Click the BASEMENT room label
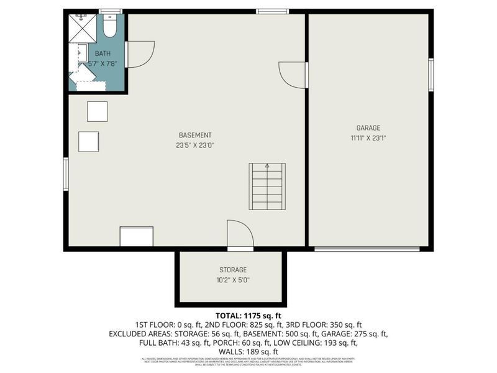pyautogui.click(x=195, y=135)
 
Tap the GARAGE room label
pyautogui.click(x=368, y=128)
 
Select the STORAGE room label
pyautogui.click(x=232, y=270)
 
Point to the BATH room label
pyautogui.click(x=103, y=53)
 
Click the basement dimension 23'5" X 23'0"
pyautogui.click(x=195, y=145)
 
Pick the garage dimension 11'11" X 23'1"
pyautogui.click(x=368, y=138)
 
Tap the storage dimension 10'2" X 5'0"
pyautogui.click(x=232, y=280)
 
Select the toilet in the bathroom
pyautogui.click(x=110, y=27)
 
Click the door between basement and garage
pyautogui.click(x=293, y=75)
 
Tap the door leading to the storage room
pyautogui.click(x=240, y=235)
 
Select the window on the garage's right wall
pyautogui.click(x=431, y=75)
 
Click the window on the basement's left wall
pyautogui.click(x=65, y=174)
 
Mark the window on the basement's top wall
pyautogui.click(x=272, y=11)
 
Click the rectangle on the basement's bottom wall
pyautogui.click(x=137, y=237)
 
